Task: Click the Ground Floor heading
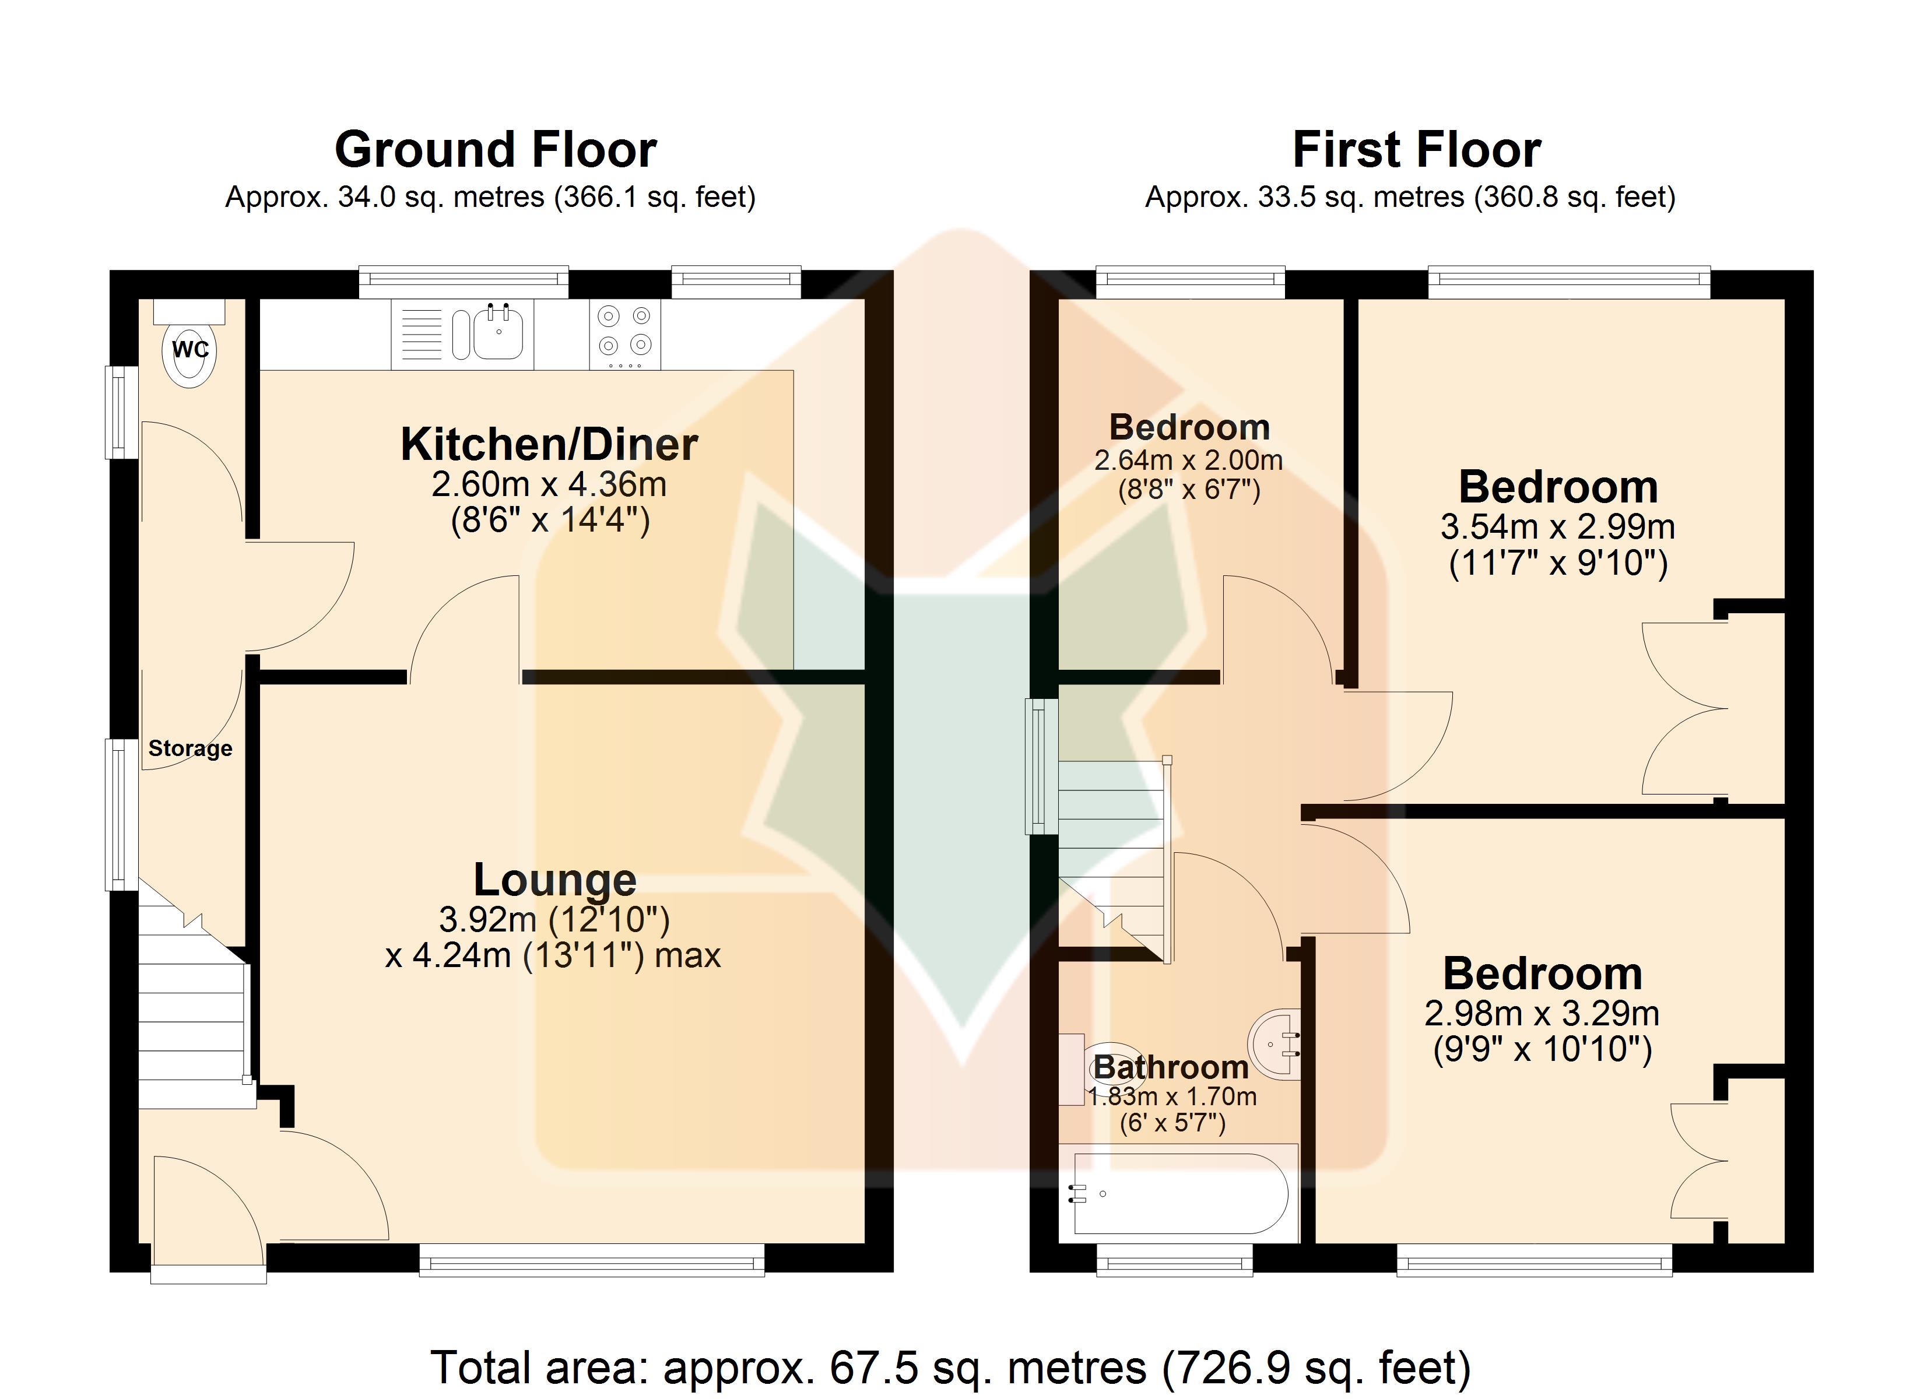pos(496,150)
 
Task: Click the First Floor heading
pos(1416,150)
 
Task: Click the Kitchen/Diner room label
pos(549,445)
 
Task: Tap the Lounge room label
pos(555,879)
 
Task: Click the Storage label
pos(190,748)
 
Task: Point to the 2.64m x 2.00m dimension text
pos(1188,461)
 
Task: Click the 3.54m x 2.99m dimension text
pos(1557,527)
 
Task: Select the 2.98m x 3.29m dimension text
pos(1542,1013)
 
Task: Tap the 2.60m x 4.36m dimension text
pos(549,484)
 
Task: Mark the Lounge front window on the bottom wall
pos(592,1260)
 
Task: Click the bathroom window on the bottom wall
pos(1175,1260)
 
